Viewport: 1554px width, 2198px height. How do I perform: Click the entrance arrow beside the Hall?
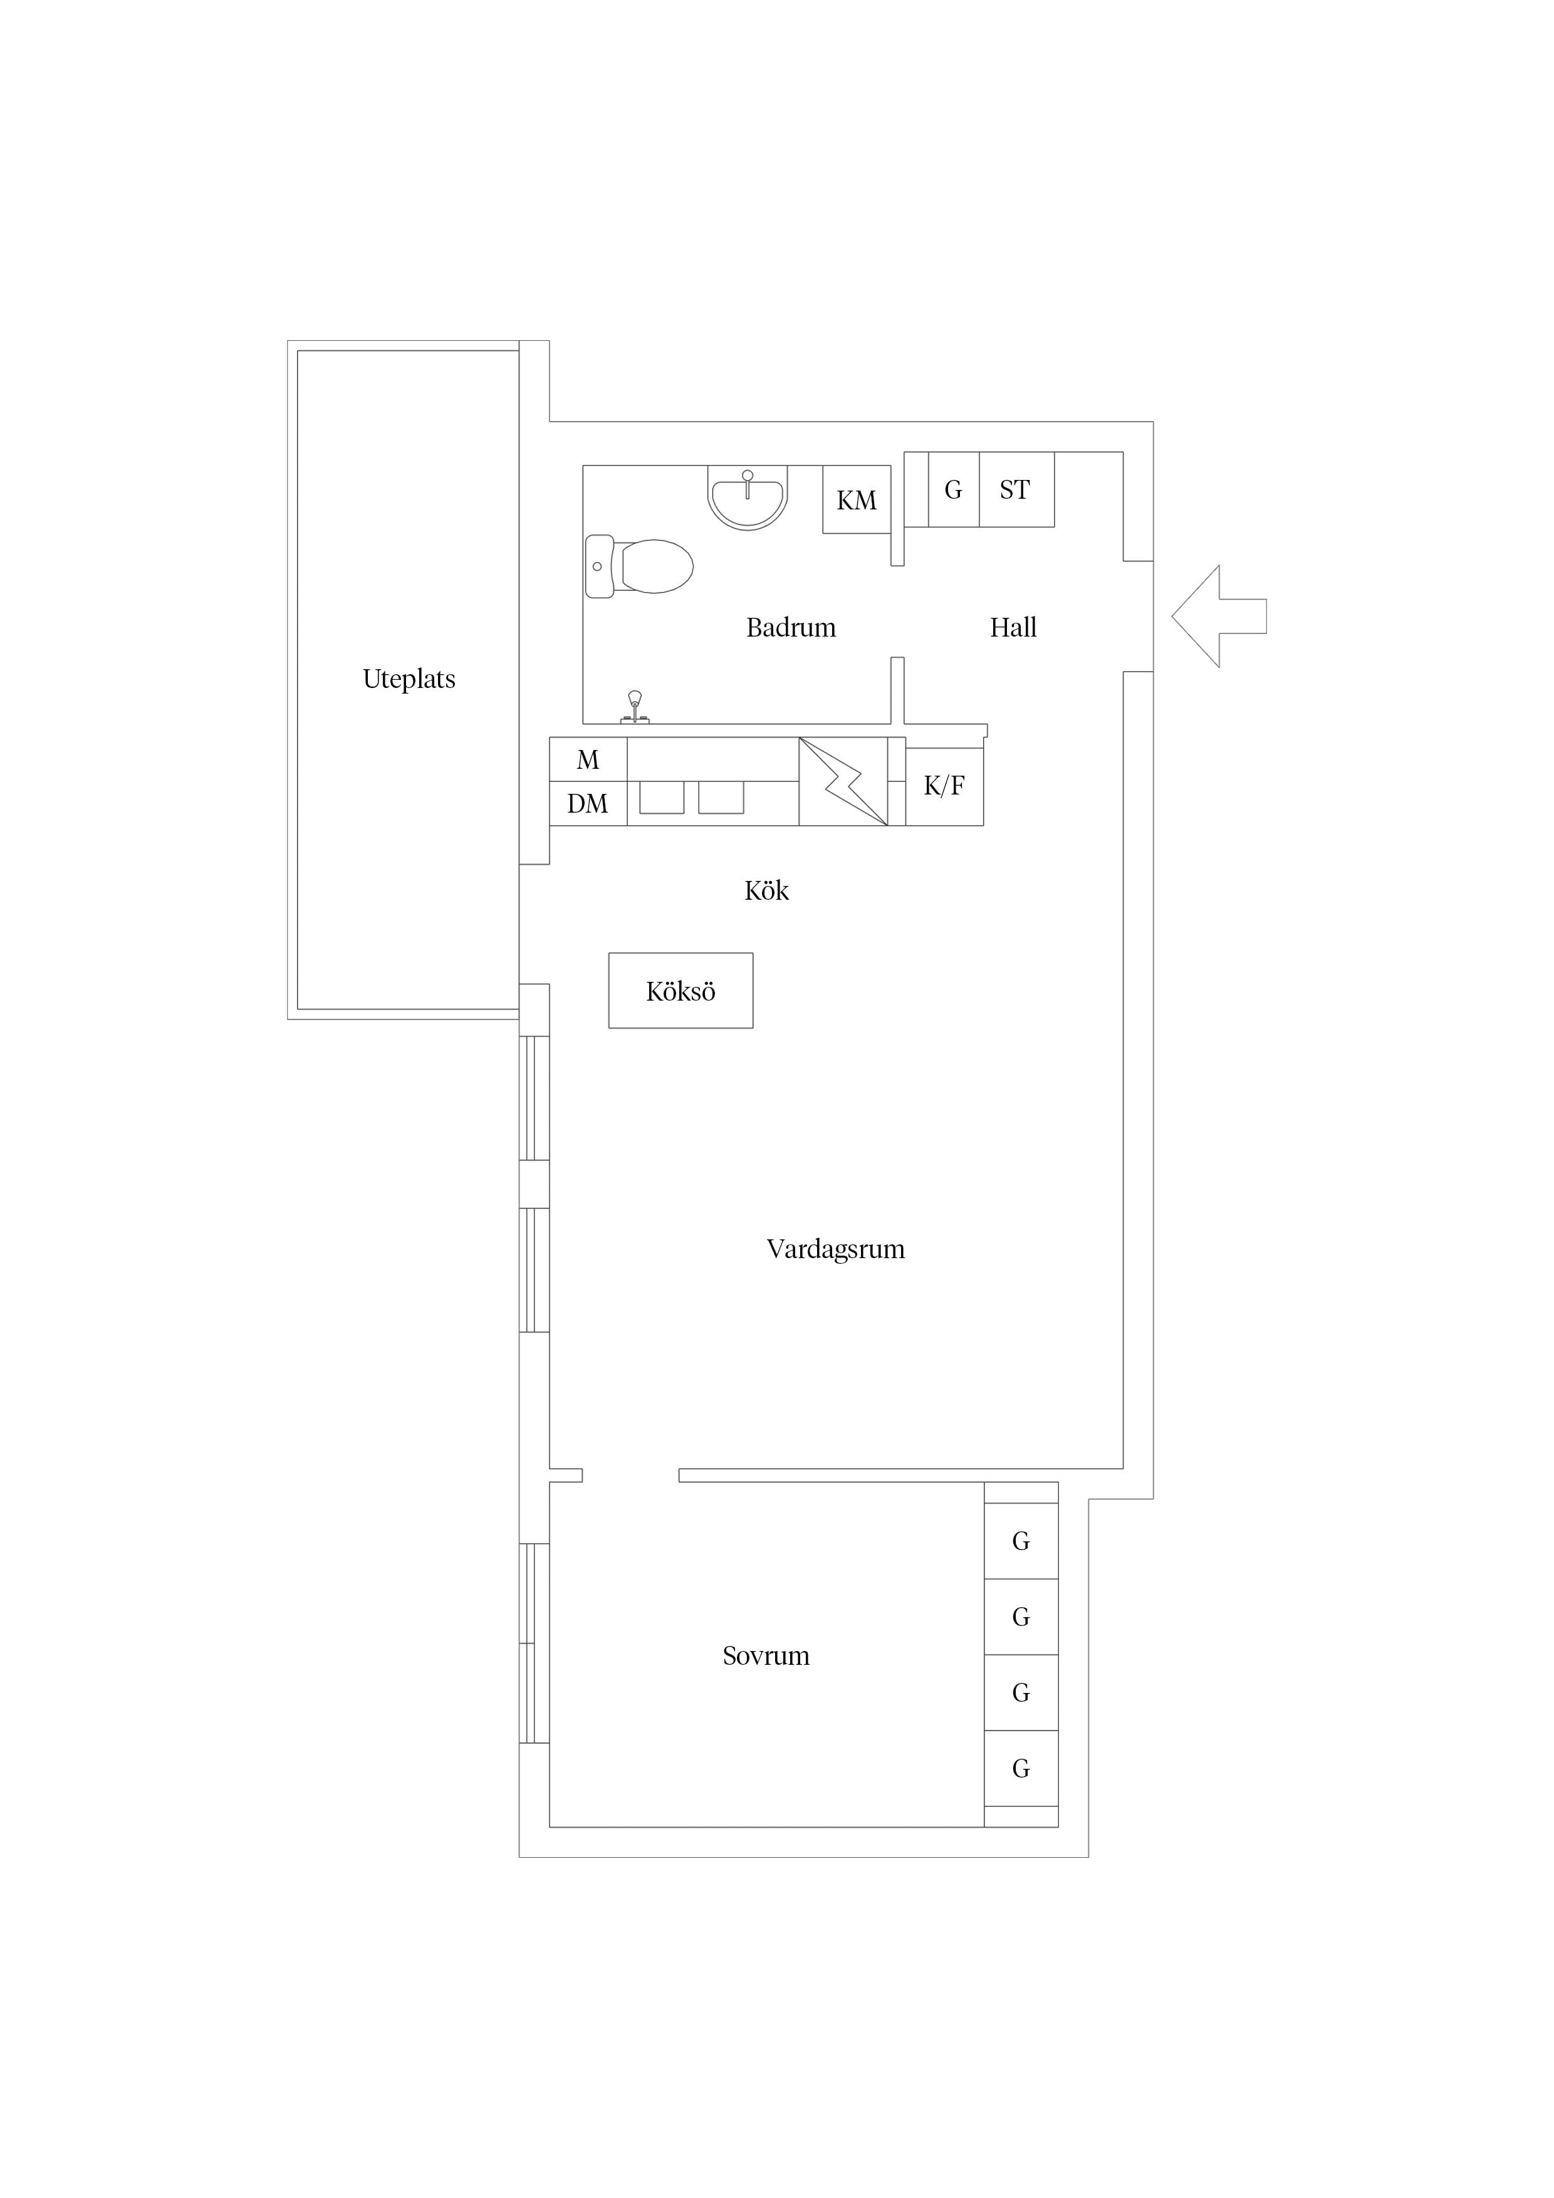coord(1218,617)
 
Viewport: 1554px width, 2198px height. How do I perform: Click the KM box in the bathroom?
coord(857,500)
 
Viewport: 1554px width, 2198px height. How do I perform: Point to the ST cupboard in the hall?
coord(1016,489)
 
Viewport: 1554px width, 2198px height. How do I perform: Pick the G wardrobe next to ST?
coord(954,489)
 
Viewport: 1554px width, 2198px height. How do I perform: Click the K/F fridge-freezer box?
coord(944,786)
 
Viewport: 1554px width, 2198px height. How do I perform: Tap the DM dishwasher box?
coord(588,804)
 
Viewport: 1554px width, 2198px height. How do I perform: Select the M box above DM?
coord(588,760)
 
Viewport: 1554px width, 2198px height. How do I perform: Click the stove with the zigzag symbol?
coord(843,781)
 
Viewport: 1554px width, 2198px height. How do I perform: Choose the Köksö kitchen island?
coord(681,991)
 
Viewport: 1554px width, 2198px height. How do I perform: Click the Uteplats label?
coord(409,679)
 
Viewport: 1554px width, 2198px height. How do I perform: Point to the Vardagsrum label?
coord(836,1249)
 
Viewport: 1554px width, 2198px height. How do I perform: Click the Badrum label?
coord(791,628)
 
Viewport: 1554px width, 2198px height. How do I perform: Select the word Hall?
coord(1013,628)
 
